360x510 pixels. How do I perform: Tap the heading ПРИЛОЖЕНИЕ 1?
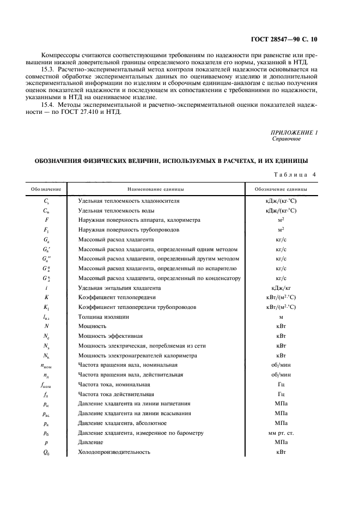point(294,132)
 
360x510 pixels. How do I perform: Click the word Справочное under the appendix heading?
point(286,139)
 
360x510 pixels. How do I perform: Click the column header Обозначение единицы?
point(281,189)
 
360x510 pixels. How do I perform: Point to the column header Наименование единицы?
point(156,189)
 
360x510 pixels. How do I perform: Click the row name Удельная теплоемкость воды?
point(115,210)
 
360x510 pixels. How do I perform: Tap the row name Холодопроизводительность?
point(114,453)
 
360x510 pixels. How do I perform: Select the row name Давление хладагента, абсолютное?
point(122,423)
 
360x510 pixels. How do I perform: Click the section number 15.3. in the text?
point(48,70)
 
